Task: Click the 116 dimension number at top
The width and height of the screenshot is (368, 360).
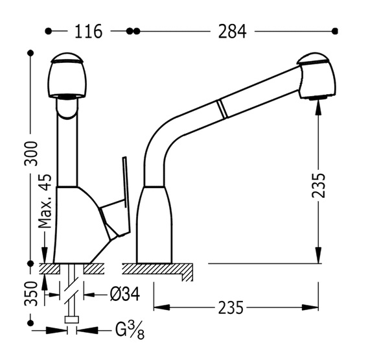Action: pos(88,31)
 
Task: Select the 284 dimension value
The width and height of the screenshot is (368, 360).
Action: pos(232,31)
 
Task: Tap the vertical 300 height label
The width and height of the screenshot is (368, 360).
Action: pos(31,154)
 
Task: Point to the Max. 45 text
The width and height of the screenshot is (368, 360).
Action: pos(45,201)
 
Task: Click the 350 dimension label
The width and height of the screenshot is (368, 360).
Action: pos(31,294)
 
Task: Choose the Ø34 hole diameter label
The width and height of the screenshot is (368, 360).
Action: pos(124,294)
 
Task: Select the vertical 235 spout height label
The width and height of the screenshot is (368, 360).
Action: pos(319,186)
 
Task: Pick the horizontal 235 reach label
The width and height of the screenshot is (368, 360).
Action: pos(231,307)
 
